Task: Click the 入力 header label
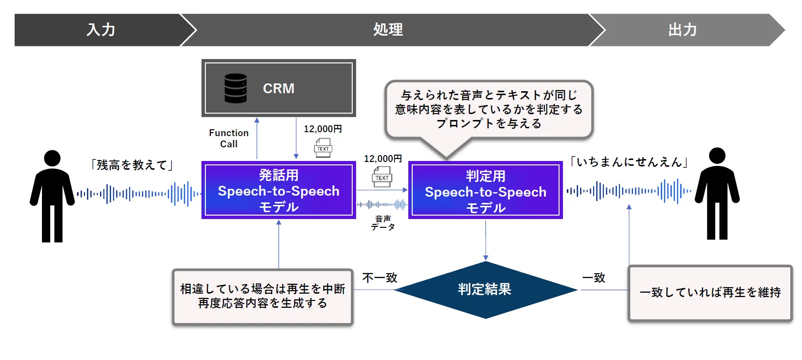click(x=101, y=30)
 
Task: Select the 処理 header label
click(x=388, y=30)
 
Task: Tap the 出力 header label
click(x=682, y=30)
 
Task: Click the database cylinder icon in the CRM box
click(x=235, y=88)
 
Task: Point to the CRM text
click(x=279, y=88)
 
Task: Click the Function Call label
click(x=229, y=139)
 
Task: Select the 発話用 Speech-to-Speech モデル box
click(x=279, y=190)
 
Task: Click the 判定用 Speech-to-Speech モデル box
click(x=485, y=191)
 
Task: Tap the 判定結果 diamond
click(x=485, y=290)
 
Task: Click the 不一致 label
click(x=380, y=278)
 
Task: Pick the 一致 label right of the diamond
click(x=594, y=278)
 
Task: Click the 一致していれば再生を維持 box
click(x=710, y=293)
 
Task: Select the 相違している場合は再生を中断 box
click(x=262, y=296)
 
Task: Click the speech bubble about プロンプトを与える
click(x=489, y=109)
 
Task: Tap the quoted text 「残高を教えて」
click(x=132, y=165)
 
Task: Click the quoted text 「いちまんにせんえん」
click(x=629, y=162)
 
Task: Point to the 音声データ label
click(x=383, y=223)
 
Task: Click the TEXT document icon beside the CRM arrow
click(x=323, y=148)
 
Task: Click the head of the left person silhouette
click(x=52, y=158)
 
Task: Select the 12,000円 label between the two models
click(x=383, y=159)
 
